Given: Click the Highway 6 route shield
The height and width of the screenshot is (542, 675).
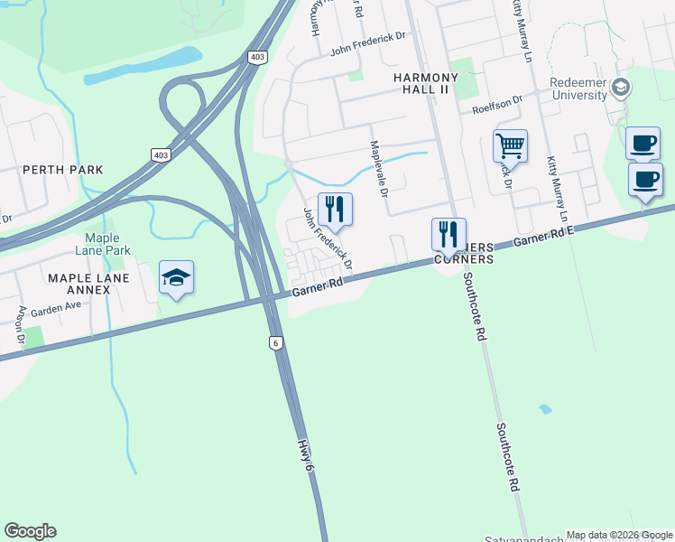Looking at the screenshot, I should (x=274, y=342).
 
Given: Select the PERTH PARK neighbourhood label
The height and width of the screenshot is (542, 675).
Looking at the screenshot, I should (x=63, y=170).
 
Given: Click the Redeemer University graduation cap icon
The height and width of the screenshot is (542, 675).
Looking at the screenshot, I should (x=620, y=88).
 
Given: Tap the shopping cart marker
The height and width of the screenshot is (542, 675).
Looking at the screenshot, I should (x=510, y=145).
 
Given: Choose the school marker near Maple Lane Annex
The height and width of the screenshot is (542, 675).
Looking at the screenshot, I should (x=177, y=277).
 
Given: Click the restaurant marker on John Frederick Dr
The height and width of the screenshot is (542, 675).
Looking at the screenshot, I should (x=335, y=210).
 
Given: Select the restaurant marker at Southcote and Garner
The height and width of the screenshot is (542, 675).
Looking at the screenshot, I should (x=448, y=235).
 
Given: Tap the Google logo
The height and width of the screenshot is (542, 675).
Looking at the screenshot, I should (x=30, y=531).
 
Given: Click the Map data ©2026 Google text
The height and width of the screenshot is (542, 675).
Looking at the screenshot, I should (x=618, y=535).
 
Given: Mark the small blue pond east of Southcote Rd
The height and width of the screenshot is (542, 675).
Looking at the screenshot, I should (x=545, y=409).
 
